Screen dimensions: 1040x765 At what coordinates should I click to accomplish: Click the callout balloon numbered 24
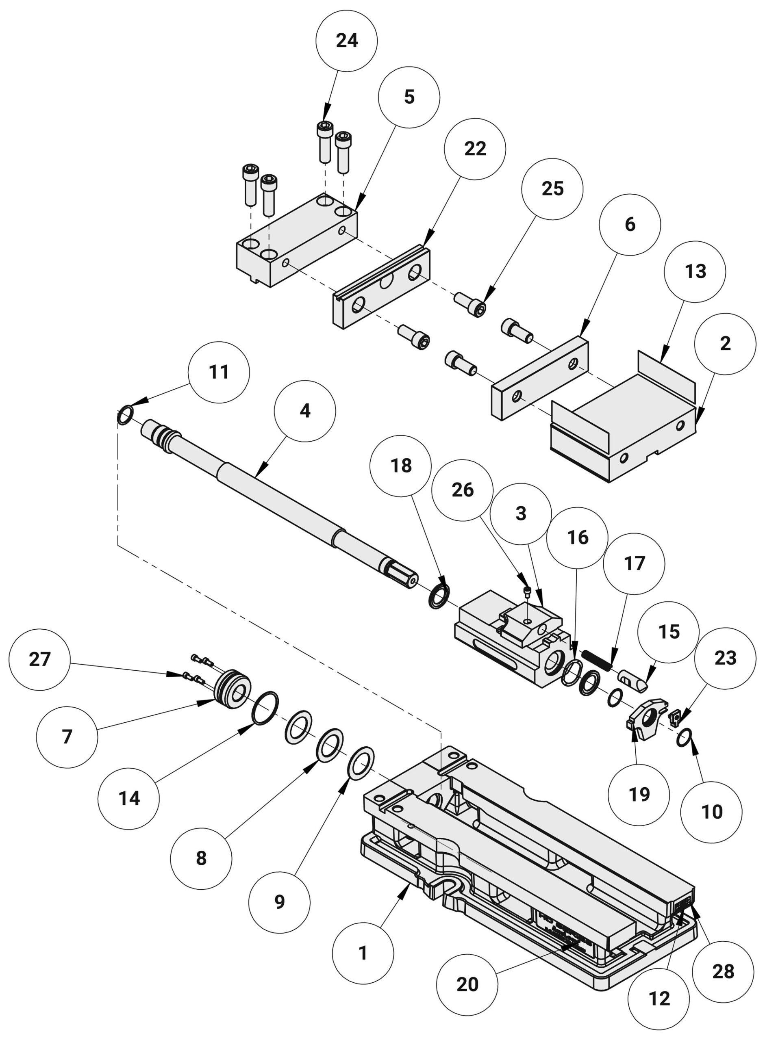pyautogui.click(x=346, y=41)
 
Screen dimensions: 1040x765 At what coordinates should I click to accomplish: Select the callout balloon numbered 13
pyautogui.click(x=695, y=272)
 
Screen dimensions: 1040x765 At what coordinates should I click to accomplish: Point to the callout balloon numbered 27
pyautogui.click(x=40, y=659)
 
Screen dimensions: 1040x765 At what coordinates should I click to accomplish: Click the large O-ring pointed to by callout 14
pyautogui.click(x=265, y=708)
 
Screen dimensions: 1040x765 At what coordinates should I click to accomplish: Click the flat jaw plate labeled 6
pyautogui.click(x=539, y=378)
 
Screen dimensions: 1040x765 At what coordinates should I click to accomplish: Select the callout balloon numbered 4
pyautogui.click(x=305, y=411)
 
